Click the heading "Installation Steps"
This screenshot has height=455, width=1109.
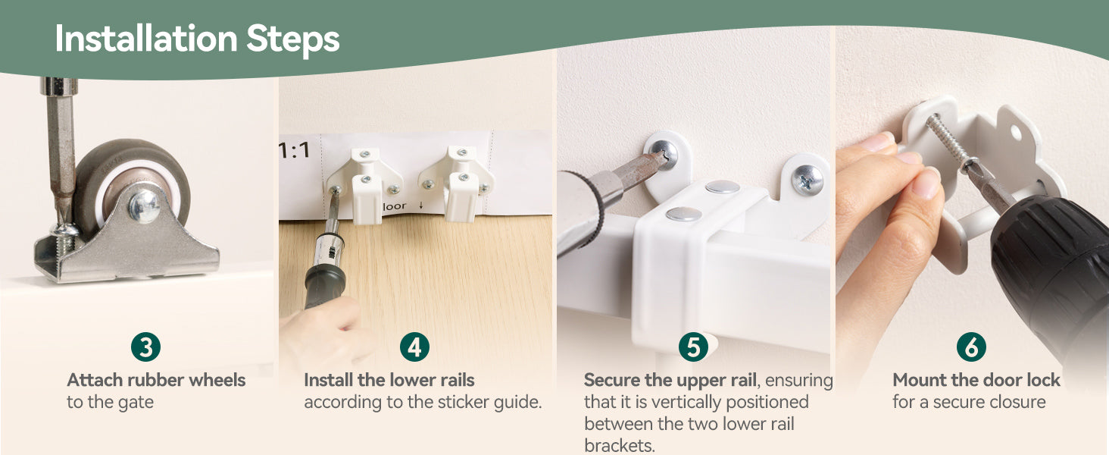197,39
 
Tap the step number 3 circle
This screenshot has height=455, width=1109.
145,347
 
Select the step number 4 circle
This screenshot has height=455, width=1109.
414,347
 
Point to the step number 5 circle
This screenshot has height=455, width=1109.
693,347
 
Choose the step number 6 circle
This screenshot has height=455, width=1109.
971,347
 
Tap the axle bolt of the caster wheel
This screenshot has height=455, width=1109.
144,206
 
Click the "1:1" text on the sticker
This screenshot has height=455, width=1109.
294,150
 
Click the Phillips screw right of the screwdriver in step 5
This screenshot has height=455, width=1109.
807,179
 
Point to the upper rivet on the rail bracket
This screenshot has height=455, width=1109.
723,187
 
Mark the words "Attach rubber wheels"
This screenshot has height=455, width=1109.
156,380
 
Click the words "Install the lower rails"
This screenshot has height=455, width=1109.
389,380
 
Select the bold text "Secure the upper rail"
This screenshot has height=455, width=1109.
670,380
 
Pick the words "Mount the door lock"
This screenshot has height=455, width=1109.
976,380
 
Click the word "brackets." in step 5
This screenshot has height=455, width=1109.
620,445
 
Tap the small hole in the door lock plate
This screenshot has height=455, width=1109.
1015,132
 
